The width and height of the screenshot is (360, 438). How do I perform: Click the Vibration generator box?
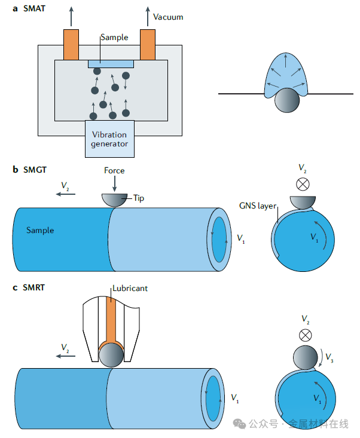[109, 139]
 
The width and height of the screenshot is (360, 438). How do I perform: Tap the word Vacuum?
[168, 17]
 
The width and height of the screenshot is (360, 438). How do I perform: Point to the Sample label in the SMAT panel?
[114, 37]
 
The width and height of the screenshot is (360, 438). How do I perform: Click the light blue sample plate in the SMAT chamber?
[110, 63]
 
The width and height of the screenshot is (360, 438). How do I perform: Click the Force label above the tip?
[114, 170]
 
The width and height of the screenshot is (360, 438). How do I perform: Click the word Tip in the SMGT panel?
[139, 197]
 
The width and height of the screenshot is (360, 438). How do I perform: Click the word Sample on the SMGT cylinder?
[40, 230]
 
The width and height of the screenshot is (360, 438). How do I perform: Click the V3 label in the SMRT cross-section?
[331, 360]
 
